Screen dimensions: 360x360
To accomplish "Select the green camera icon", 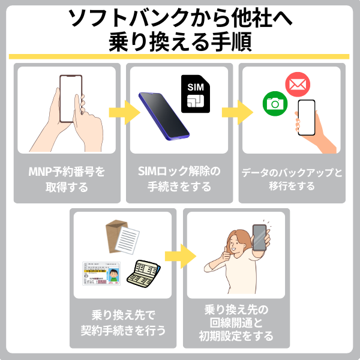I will (275, 103).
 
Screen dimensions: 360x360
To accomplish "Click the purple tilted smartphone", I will (163, 114).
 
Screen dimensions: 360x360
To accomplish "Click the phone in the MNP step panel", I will (71, 99).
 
